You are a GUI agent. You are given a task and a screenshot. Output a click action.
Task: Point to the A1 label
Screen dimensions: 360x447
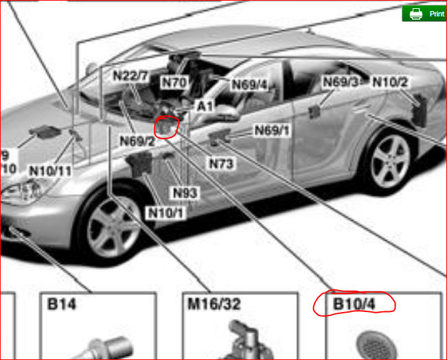[x=205, y=106]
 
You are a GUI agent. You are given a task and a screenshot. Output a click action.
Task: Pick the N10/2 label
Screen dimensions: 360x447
[x=390, y=82]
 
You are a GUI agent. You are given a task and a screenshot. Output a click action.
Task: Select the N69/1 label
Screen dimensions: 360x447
[x=272, y=130]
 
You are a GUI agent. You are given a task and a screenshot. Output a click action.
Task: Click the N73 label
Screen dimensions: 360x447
[x=222, y=163]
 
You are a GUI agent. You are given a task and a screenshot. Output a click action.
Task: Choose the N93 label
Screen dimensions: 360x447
[x=185, y=193]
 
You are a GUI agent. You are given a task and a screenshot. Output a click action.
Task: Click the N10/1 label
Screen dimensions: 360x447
[x=165, y=213]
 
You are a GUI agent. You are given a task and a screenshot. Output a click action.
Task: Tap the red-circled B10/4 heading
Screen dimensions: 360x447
[x=354, y=302]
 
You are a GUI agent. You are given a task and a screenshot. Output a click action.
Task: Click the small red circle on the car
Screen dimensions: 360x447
[x=167, y=126]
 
